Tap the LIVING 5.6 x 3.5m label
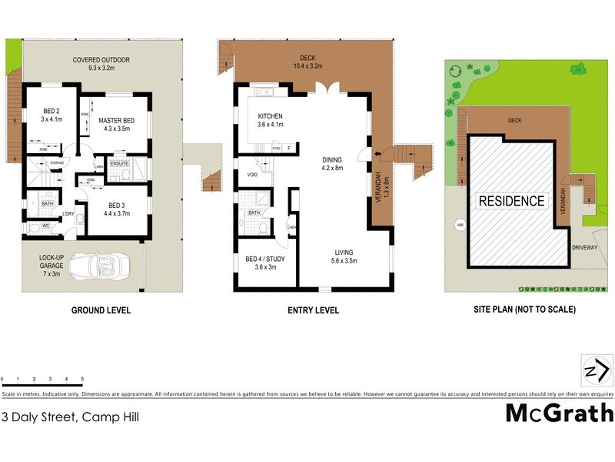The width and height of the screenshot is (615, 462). tap(345, 256)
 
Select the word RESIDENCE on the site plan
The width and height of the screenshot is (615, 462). tap(511, 202)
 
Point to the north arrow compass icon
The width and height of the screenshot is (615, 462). tap(597, 371)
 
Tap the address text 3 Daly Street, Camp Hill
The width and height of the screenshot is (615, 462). tap(71, 417)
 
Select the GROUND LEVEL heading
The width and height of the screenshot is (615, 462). tap(101, 310)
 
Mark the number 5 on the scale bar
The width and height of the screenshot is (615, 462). tap(82, 380)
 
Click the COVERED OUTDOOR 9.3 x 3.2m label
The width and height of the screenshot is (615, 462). tap(101, 64)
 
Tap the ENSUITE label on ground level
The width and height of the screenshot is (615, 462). tap(119, 163)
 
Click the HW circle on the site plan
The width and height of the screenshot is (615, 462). tap(460, 226)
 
